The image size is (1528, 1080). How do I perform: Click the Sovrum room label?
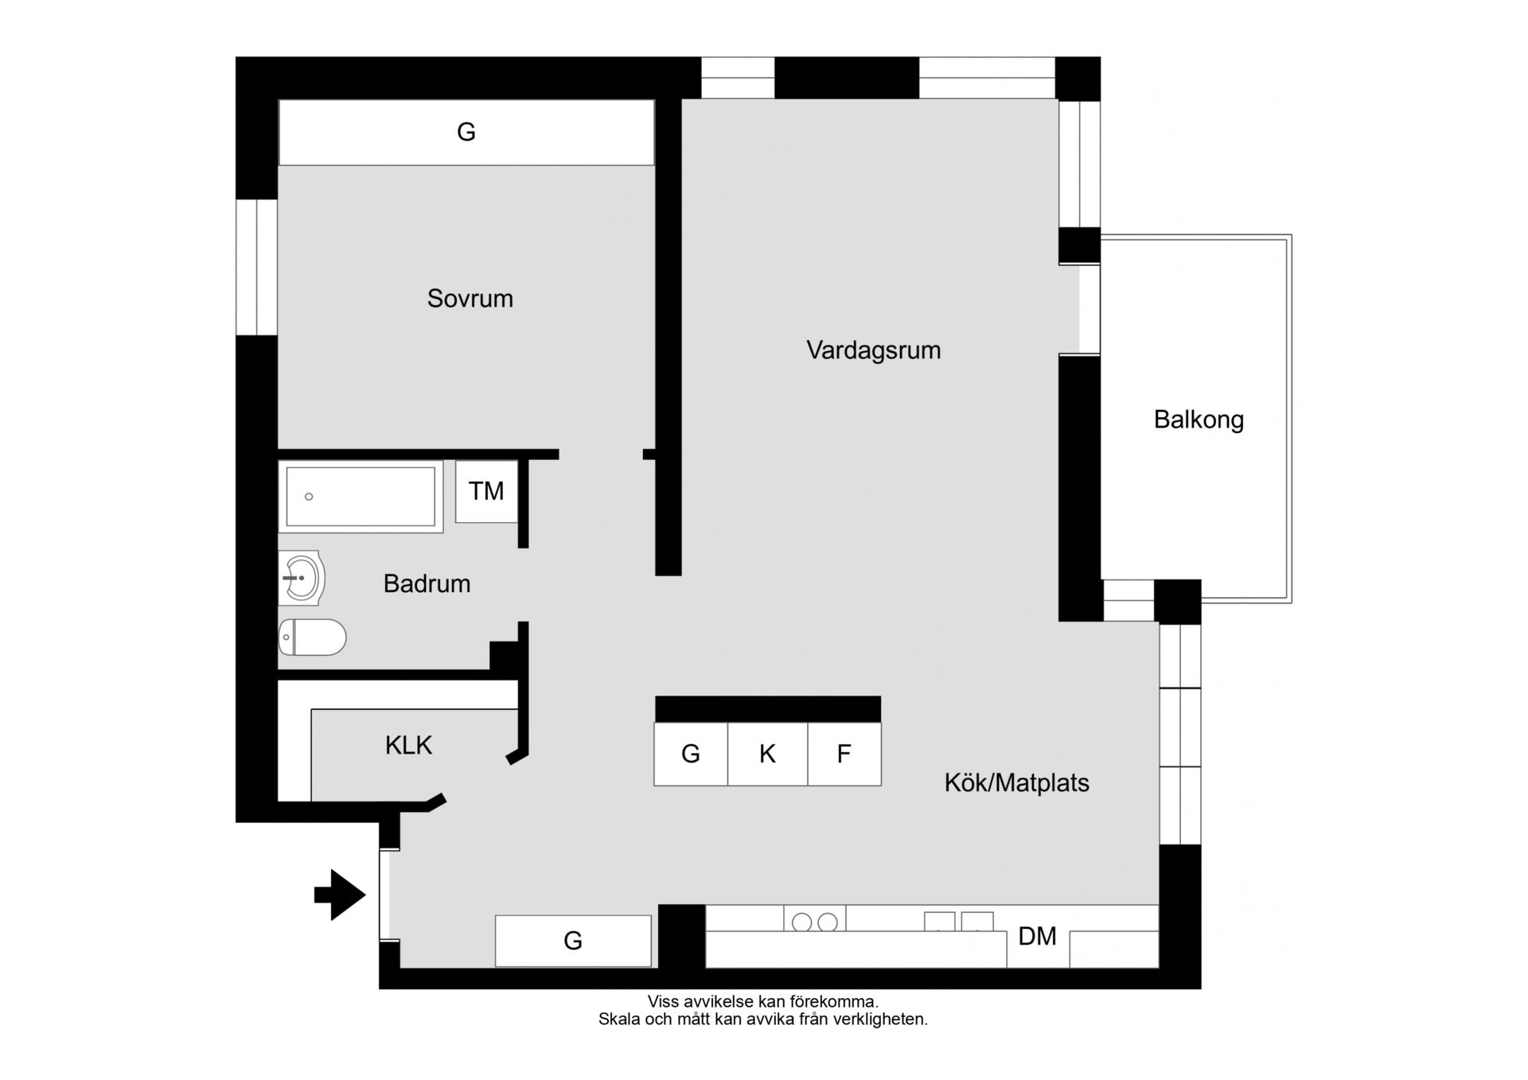pos(470,298)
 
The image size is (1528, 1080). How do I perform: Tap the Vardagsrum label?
pos(873,350)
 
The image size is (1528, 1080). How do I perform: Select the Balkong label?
pos(1199,419)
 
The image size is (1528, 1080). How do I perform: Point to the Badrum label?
pos(427,583)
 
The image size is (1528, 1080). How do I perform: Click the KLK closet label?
pos(408,745)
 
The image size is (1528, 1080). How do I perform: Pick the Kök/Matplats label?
pos(1016,782)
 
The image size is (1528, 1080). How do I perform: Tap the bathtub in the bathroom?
pos(361,497)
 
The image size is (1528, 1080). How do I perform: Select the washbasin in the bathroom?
pos(302,578)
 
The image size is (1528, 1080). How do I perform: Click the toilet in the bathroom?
pos(312,637)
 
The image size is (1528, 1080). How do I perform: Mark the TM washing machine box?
pos(486,491)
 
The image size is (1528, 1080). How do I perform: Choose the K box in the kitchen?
pos(767,754)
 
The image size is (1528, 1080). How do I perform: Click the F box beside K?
pos(844,754)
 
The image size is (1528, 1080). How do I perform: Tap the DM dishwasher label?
pos(1037,936)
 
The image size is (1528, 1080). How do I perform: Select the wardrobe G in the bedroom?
pos(466,132)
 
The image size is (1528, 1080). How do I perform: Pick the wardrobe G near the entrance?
pos(573,941)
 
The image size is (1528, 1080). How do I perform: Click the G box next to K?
pos(691,754)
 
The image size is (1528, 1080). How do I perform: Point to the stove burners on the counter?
pos(814,922)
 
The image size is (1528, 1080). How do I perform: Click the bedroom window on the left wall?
pos(256,267)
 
